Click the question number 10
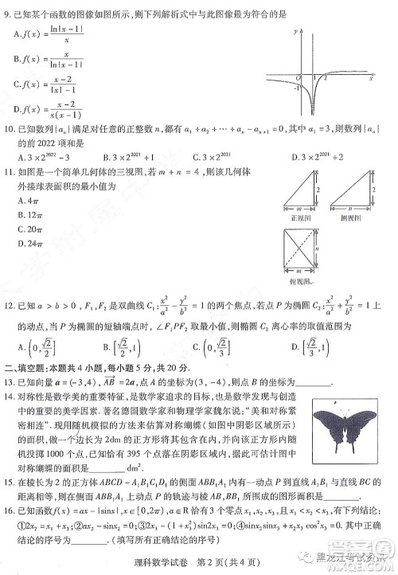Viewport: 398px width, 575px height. pos(10,128)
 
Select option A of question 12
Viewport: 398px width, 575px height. pos(36,346)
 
